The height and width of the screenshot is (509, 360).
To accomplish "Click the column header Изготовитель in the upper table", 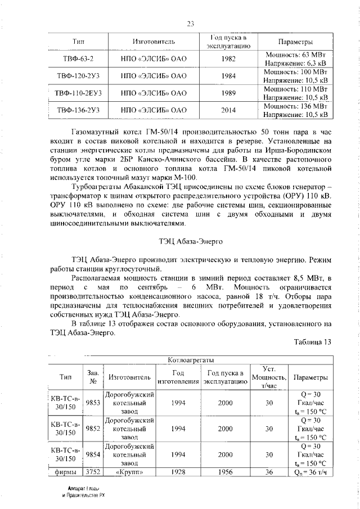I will (153, 42).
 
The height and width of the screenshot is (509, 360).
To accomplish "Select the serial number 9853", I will (93, 403).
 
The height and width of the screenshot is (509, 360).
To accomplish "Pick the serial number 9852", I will (93, 429).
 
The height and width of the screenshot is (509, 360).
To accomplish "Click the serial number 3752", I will (93, 471).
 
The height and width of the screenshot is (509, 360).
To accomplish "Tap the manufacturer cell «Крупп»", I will (130, 471).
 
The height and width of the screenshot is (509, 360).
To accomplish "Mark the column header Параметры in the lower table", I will (310, 377).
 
